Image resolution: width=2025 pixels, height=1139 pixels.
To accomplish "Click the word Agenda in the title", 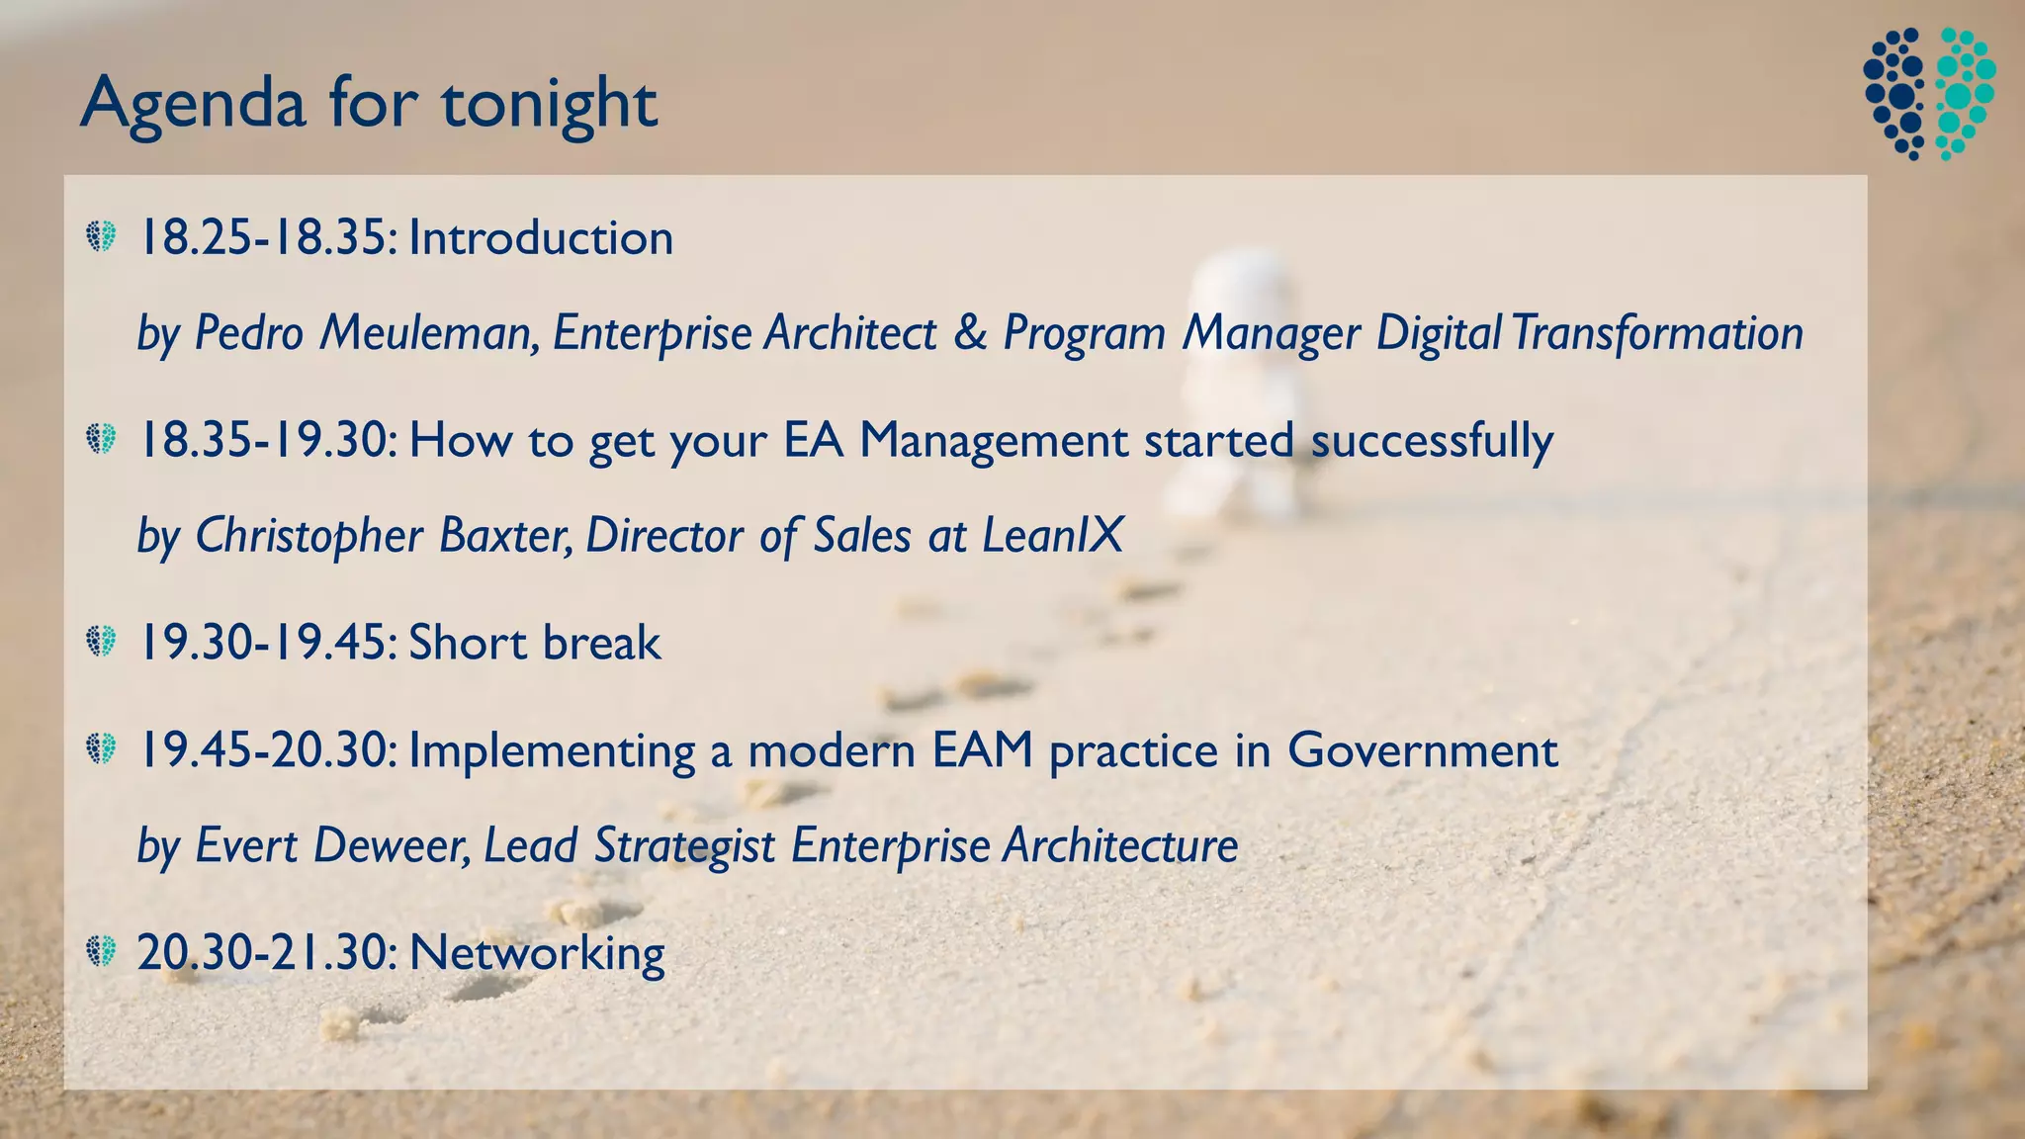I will [x=193, y=104].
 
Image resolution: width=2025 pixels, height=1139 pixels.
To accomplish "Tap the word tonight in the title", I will [x=549, y=104].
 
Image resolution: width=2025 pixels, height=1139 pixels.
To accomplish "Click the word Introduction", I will [x=541, y=238].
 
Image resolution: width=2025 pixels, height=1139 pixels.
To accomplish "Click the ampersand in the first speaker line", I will [x=970, y=332].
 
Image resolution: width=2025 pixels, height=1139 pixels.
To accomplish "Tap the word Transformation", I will [x=1657, y=332].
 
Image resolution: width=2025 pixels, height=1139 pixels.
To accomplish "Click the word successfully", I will [x=1432, y=440].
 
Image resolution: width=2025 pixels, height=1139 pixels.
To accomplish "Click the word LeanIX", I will [x=1053, y=535].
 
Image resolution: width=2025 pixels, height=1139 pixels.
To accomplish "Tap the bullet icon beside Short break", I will [x=101, y=641].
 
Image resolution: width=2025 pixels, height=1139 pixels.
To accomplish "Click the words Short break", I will [x=535, y=643].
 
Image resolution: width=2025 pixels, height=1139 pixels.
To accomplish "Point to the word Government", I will [x=1422, y=750].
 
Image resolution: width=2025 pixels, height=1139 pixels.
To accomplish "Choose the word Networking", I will [x=537, y=953].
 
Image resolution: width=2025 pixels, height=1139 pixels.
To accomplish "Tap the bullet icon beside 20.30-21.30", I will [x=101, y=951].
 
